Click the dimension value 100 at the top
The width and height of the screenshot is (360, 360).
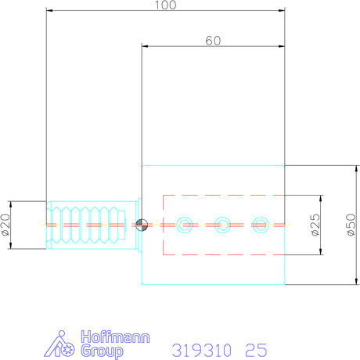tap(165, 5)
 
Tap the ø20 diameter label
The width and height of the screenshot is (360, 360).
tap(6, 225)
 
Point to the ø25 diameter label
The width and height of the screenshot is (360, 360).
tap(314, 225)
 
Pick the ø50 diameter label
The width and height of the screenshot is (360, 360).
tap(351, 225)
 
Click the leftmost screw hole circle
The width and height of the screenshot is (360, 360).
tap(184, 225)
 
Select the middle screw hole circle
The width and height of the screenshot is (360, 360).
tap(222, 225)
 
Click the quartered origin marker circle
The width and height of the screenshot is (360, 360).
tap(141, 225)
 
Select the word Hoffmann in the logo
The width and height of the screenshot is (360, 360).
tap(99, 337)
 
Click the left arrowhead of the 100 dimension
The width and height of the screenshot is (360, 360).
tap(50, 11)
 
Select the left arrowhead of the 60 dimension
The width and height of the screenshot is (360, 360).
tap(145, 46)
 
